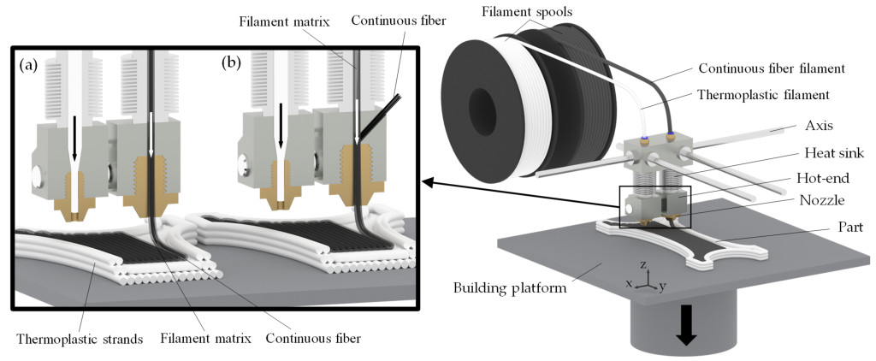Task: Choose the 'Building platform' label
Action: tap(510, 288)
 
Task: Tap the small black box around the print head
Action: tap(654, 206)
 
